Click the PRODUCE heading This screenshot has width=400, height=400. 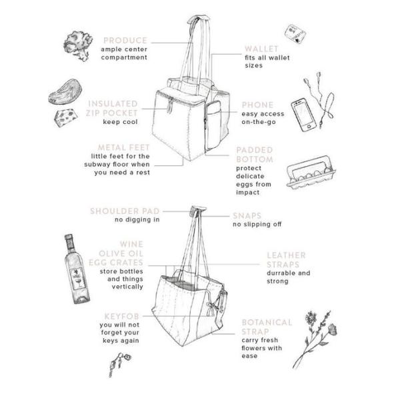tap(125, 41)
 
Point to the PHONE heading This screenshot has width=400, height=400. tap(257, 105)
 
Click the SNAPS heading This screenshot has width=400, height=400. tap(247, 216)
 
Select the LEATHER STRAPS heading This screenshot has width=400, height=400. tap(286, 259)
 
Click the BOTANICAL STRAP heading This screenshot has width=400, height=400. tap(267, 327)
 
